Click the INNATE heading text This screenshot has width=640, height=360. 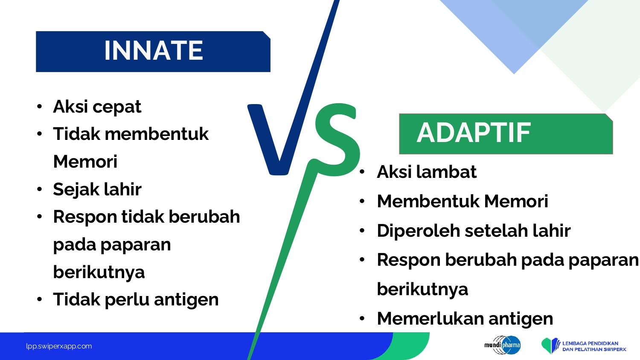click(x=154, y=51)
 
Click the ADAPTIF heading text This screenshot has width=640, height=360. click(x=474, y=133)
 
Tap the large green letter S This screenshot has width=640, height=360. click(x=337, y=139)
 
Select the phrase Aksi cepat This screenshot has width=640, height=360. click(x=97, y=107)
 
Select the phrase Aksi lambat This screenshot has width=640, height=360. click(x=427, y=172)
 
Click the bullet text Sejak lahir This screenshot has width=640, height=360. click(x=97, y=189)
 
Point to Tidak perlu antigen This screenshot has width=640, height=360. click(x=136, y=300)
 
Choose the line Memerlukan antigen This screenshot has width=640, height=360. click(x=465, y=319)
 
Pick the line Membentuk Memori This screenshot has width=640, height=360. click(x=463, y=201)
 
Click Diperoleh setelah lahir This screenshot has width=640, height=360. click(x=474, y=231)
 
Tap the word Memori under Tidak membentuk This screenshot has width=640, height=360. click(x=85, y=161)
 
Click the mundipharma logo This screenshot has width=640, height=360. click(x=502, y=345)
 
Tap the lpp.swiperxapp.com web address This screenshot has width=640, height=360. click(x=59, y=346)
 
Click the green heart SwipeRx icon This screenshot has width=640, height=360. click(x=550, y=346)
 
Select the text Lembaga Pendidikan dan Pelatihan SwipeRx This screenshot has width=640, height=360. click(x=594, y=346)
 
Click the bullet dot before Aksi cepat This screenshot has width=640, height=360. click(x=39, y=107)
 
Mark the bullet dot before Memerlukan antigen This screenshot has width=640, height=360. click(x=362, y=318)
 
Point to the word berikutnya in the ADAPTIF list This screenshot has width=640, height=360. click(x=422, y=290)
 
